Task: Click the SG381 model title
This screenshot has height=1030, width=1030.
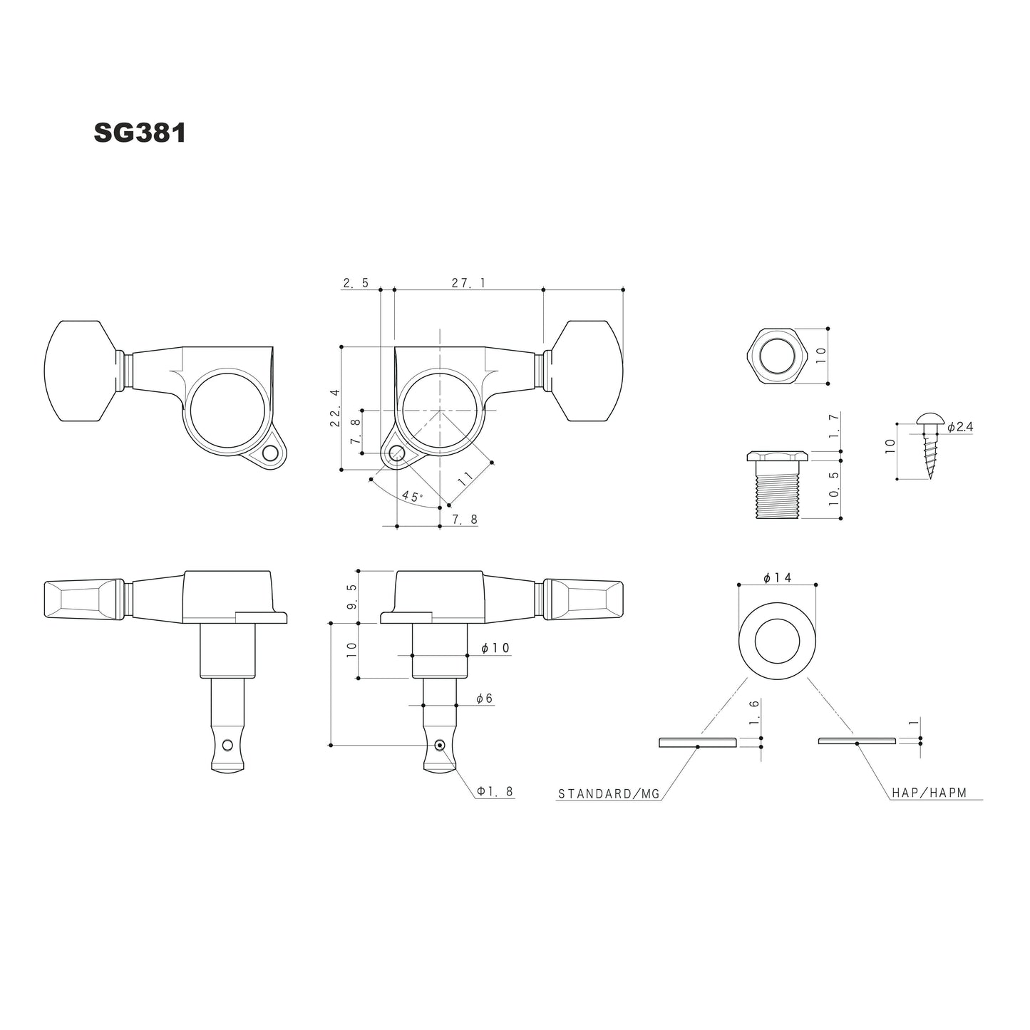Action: (x=140, y=133)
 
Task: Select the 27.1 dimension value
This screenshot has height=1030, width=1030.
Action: (x=468, y=283)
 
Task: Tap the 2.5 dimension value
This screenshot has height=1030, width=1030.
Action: (x=356, y=283)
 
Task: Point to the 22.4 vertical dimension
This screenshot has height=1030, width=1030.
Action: (x=334, y=408)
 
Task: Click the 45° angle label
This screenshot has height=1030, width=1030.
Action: (x=411, y=495)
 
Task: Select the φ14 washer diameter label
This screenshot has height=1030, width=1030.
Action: (x=777, y=578)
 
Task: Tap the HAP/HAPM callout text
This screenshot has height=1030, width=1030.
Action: (x=929, y=793)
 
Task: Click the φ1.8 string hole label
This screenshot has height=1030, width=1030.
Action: (x=495, y=791)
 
